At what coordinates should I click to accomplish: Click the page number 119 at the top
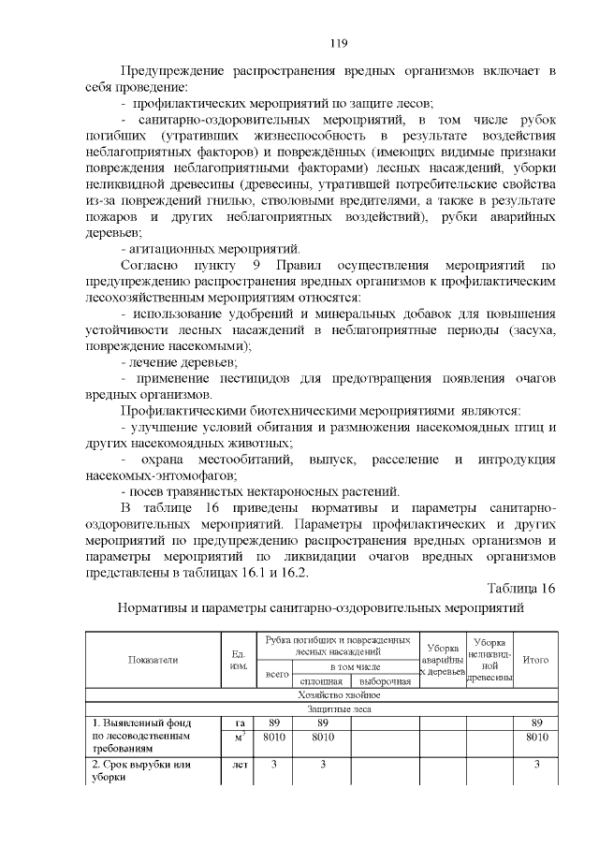point(338,41)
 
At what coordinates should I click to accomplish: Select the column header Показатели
point(152,659)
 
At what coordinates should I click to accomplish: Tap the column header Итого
point(534,659)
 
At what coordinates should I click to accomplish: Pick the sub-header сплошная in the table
point(321,681)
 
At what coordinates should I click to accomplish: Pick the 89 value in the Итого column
point(535,723)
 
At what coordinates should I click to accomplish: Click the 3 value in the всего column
point(274,765)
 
